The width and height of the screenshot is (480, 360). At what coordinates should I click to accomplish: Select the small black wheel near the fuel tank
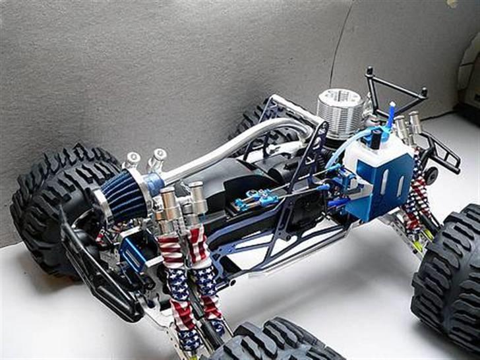click(x=431, y=175)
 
